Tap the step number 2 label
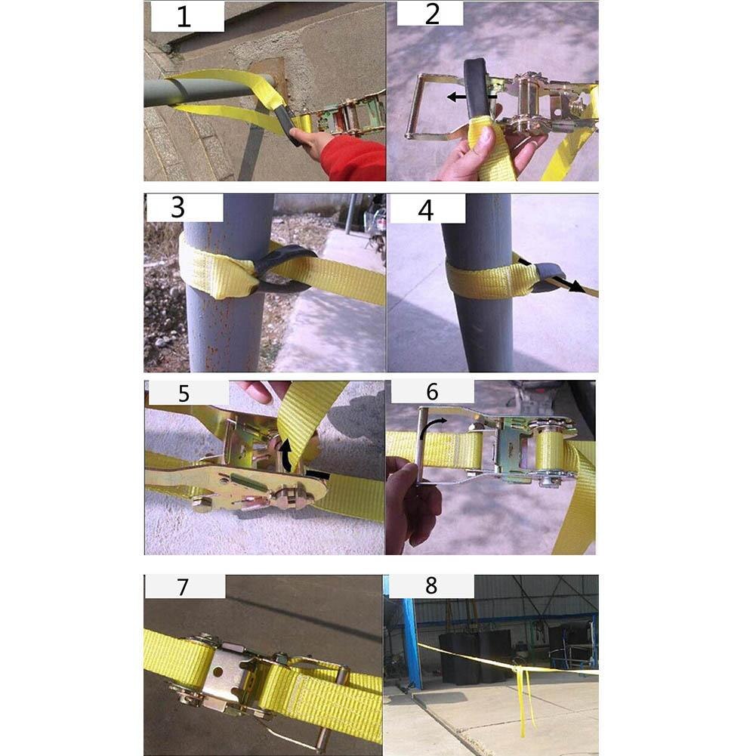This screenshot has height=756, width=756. click(431, 14)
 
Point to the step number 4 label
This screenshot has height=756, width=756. click(426, 209)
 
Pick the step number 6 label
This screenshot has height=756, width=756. click(432, 391)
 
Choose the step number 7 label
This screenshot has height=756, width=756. click(184, 586)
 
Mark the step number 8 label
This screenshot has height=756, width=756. click(430, 586)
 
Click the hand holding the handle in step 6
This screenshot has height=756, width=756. click(412, 502)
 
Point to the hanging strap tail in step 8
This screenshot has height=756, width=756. click(523, 702)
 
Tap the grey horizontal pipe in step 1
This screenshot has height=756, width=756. click(196, 91)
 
